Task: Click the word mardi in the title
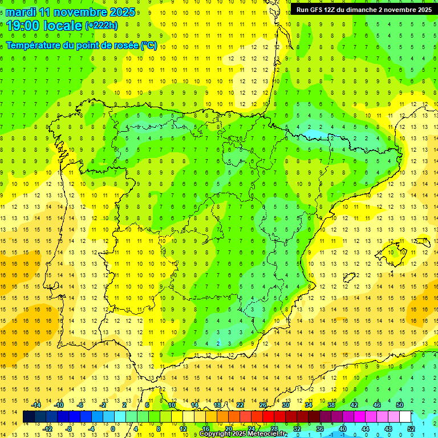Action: (x=21, y=12)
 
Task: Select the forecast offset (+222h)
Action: (x=101, y=26)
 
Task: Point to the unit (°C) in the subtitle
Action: (x=149, y=46)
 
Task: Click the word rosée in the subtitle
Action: (x=125, y=46)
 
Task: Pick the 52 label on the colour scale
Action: (x=411, y=429)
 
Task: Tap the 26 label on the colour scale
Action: (x=263, y=405)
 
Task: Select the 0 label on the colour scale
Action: (x=113, y=429)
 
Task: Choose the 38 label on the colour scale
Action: (x=331, y=405)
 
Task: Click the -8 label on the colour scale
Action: (x=69, y=429)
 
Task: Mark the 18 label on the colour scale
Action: (x=217, y=405)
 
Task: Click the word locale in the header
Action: (x=62, y=26)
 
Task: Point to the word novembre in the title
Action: (x=85, y=12)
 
